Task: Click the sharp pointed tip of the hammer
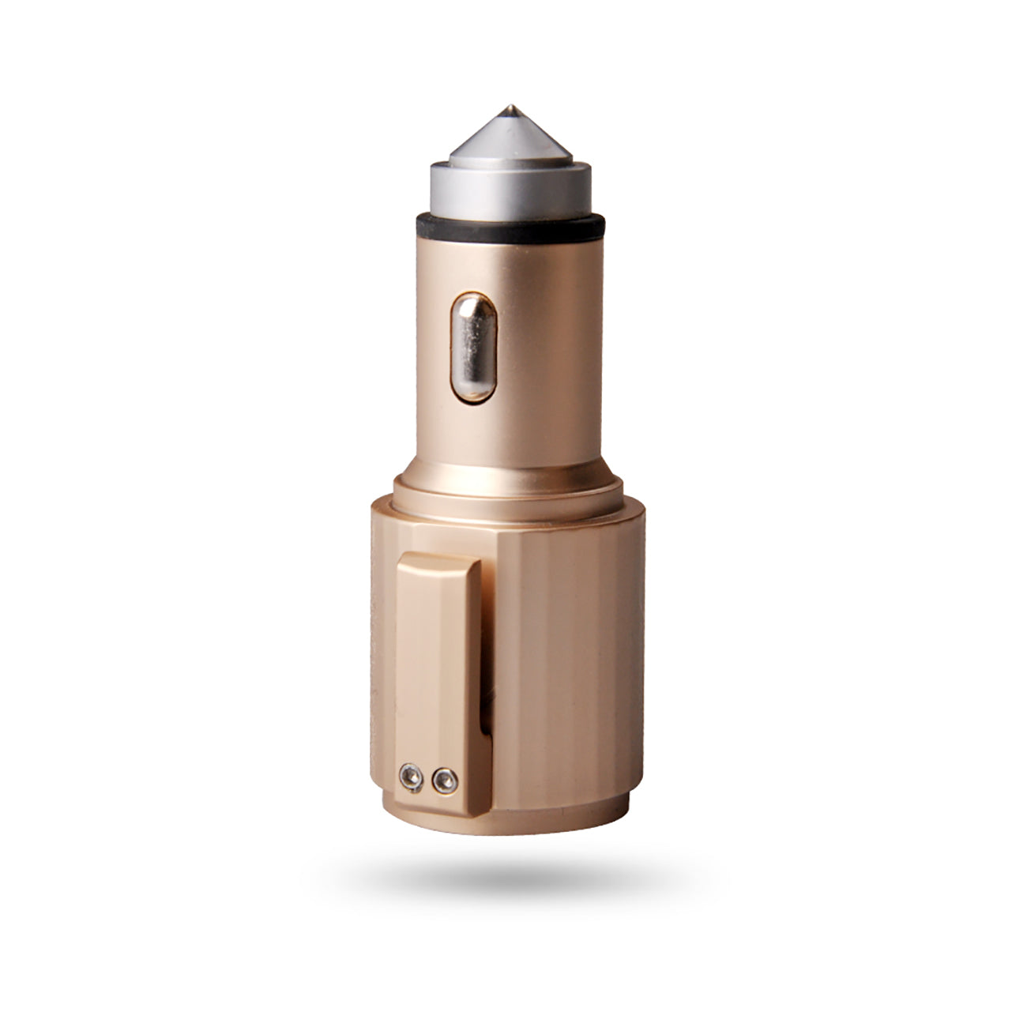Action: point(513,106)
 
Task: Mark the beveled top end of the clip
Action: point(437,562)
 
